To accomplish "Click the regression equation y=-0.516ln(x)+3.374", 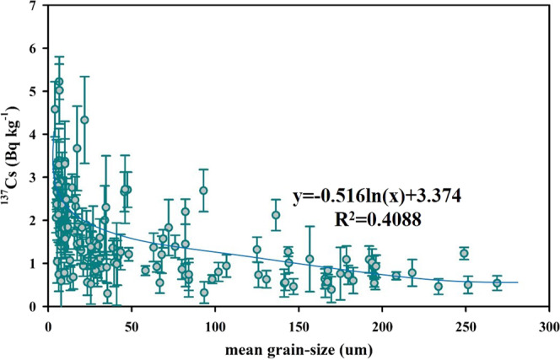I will (382, 197).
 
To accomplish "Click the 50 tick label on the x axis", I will (132, 324).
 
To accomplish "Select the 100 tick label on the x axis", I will (216, 324).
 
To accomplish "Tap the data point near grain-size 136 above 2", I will (276, 216).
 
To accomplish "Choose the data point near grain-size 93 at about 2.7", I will (203, 191).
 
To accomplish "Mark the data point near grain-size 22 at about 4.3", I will (84, 121).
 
